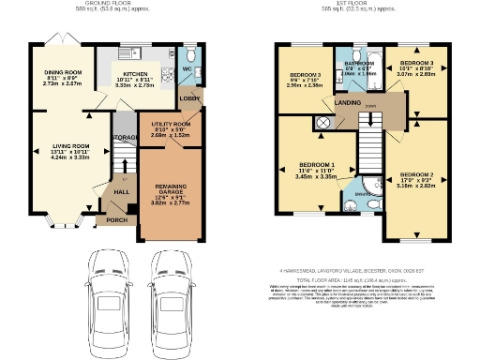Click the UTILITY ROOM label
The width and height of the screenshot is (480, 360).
pos(170,124)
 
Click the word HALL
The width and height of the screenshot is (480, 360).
pos(120,191)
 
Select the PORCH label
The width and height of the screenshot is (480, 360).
pos(116,222)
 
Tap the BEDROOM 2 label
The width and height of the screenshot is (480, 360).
pos(416,175)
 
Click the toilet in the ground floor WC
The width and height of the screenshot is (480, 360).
pos(187,52)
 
